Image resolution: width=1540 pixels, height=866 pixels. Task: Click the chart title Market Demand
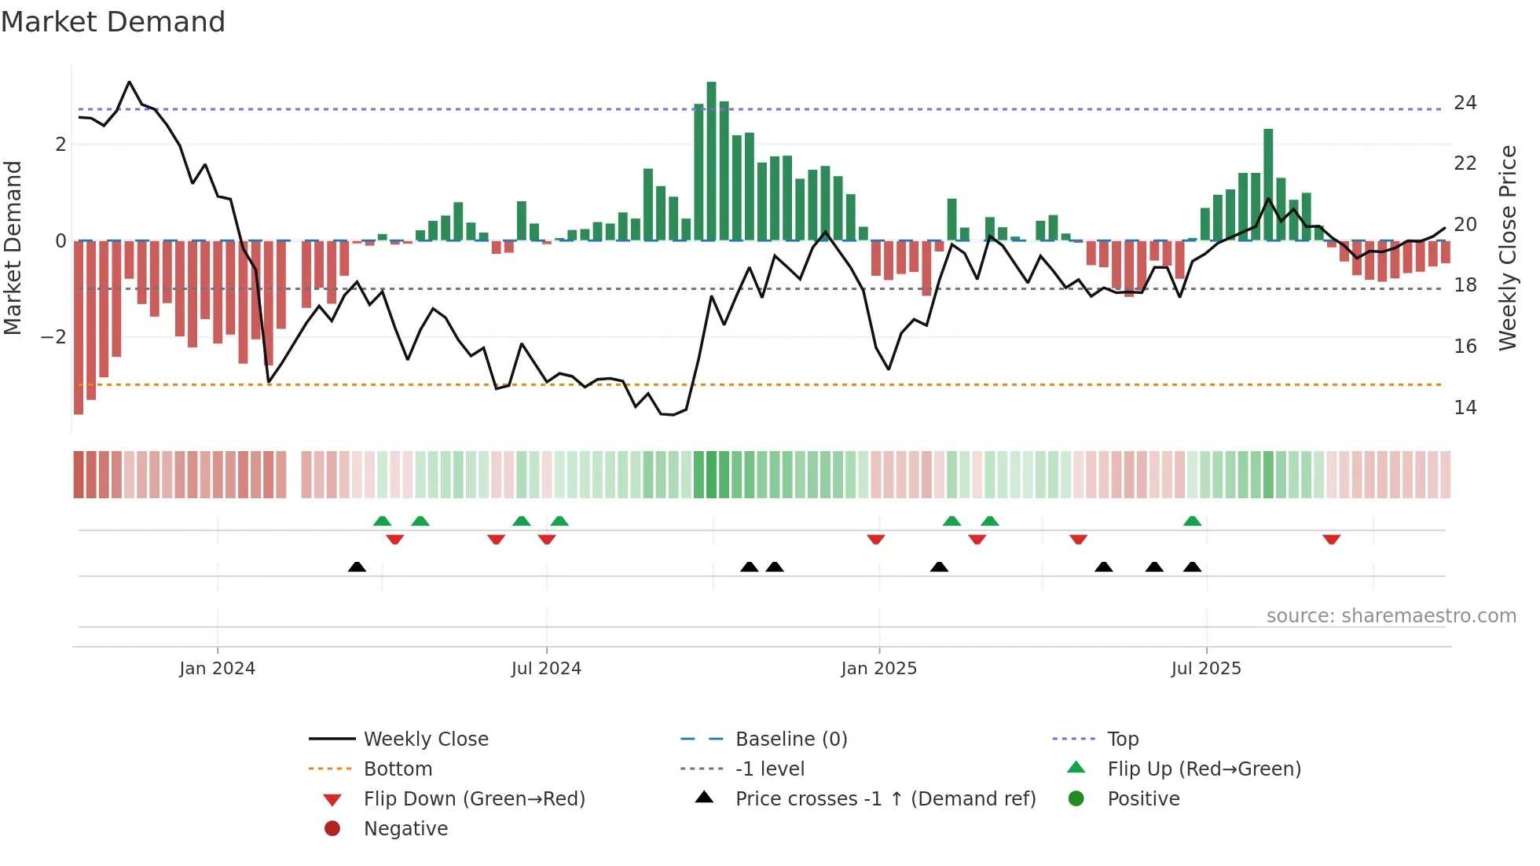(x=113, y=22)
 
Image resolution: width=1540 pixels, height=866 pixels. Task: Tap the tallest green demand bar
(x=711, y=161)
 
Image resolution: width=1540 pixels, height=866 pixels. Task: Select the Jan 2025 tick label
(x=878, y=669)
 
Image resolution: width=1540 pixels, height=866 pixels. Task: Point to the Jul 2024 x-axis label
(x=546, y=669)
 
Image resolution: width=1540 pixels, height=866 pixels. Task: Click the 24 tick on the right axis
(x=1465, y=103)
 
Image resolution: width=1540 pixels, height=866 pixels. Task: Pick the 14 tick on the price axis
(x=1465, y=408)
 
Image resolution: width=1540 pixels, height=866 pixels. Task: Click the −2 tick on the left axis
(x=53, y=337)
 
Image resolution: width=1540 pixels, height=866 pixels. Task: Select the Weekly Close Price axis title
(x=1507, y=248)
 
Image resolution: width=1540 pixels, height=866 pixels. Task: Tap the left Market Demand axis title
(x=13, y=248)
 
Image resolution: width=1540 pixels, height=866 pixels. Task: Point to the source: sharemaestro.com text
(x=1391, y=616)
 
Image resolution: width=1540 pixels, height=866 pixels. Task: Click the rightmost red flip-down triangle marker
(x=1331, y=539)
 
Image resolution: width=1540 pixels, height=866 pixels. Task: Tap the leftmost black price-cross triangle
(x=357, y=567)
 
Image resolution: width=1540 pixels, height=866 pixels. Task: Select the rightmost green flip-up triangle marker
(x=1192, y=521)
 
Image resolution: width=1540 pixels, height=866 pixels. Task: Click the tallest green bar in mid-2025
(x=1268, y=185)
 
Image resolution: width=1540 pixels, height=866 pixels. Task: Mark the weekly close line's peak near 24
(x=130, y=82)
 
